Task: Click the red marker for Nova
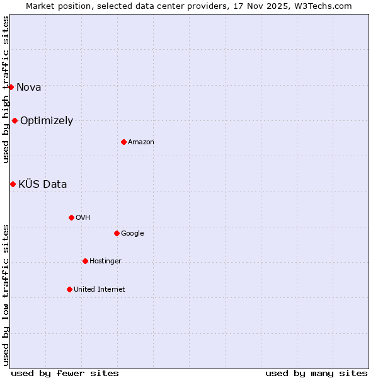tap(11, 87)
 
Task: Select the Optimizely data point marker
tap(14, 120)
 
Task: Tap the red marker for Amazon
tap(123, 142)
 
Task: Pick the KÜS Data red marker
tap(13, 184)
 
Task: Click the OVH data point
tap(71, 217)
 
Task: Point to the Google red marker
tap(117, 233)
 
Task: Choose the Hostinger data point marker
tap(85, 261)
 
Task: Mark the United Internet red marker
tap(69, 289)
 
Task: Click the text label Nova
tap(28, 87)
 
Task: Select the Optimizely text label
tap(47, 120)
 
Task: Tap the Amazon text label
tap(141, 142)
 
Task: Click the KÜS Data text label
tap(42, 184)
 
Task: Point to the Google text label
tap(132, 233)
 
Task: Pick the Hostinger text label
tap(105, 261)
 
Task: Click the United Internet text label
tap(100, 289)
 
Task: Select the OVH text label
tap(83, 217)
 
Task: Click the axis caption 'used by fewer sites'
tap(65, 373)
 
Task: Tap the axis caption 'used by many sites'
tap(316, 373)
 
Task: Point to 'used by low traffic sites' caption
tap(6, 294)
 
